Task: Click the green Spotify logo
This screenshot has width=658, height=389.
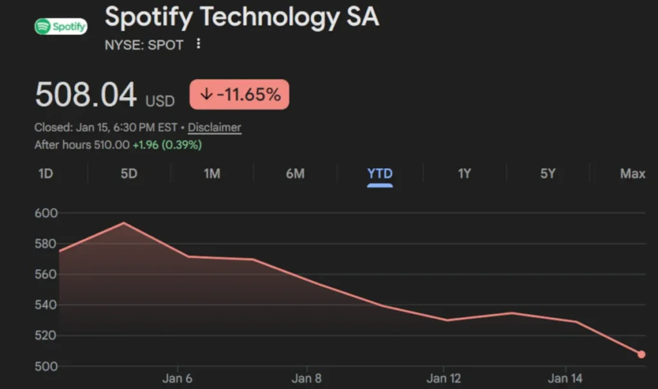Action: coord(60,26)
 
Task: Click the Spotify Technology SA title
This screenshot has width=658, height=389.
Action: coord(242,17)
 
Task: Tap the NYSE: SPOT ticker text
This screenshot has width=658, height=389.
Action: coord(144,45)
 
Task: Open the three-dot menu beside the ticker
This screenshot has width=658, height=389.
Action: coord(199,44)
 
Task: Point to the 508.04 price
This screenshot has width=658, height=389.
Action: coord(85,95)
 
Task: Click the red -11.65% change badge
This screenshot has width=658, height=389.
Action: coord(239,94)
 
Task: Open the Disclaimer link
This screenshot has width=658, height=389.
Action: coord(215,127)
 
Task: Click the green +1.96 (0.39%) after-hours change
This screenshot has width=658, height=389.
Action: coord(167,145)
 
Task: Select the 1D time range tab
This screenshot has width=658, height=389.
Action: coord(46,174)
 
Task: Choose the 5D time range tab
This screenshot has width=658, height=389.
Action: coord(129,174)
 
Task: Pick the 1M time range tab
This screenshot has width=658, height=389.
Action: coord(212,174)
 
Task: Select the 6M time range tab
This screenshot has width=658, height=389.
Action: coord(295,174)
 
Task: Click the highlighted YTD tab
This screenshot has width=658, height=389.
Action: coord(380,174)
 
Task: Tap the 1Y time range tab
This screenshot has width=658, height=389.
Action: coord(465,174)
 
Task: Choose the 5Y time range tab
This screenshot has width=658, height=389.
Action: coord(547,174)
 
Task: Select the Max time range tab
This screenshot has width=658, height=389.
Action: coord(632,174)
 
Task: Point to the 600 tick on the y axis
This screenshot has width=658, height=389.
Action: coord(46,213)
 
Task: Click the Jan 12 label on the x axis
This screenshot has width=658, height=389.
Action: coord(444,379)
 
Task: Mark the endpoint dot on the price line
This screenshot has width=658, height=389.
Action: coord(641,354)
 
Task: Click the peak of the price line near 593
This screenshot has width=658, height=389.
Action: coord(123,223)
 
